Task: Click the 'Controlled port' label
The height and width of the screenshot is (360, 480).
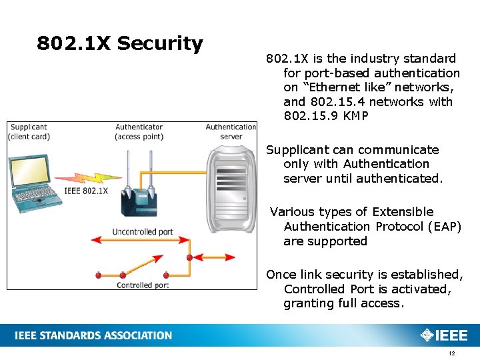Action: (x=143, y=285)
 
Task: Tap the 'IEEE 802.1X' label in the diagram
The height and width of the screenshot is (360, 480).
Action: (x=85, y=191)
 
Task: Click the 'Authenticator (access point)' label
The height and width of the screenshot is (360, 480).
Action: (x=139, y=132)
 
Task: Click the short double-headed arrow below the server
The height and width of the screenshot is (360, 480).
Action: (x=213, y=256)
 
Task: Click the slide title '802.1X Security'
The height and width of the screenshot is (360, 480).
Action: (x=120, y=44)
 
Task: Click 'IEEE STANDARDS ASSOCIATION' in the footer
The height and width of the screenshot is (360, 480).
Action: (x=93, y=335)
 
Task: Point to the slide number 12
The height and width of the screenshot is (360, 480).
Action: (x=452, y=353)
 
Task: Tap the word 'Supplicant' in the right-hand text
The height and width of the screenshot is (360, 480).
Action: (x=297, y=150)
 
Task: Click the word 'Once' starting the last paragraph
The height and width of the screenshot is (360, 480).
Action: (x=280, y=275)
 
